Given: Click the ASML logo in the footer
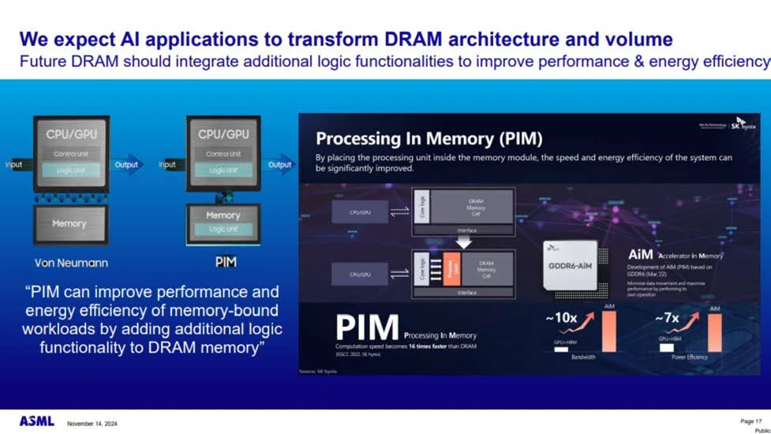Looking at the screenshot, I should (37, 421).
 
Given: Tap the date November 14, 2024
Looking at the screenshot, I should (92, 424).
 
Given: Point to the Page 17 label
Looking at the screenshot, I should (750, 421).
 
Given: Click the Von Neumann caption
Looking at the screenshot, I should (71, 262).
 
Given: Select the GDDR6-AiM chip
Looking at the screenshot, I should (570, 266).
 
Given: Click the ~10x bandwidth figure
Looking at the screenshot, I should (561, 318).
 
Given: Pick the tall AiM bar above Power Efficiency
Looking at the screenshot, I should (714, 332).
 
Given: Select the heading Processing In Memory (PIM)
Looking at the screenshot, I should (429, 140).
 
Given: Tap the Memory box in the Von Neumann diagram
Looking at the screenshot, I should (69, 224).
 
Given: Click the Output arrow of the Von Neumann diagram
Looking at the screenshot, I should (127, 165).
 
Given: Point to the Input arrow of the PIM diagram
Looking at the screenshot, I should (168, 165).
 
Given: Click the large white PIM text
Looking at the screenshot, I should (367, 328).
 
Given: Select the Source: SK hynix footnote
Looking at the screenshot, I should (318, 371).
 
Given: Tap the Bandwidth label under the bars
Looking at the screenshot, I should (583, 357).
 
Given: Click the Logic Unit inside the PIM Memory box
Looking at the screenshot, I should (223, 229).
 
